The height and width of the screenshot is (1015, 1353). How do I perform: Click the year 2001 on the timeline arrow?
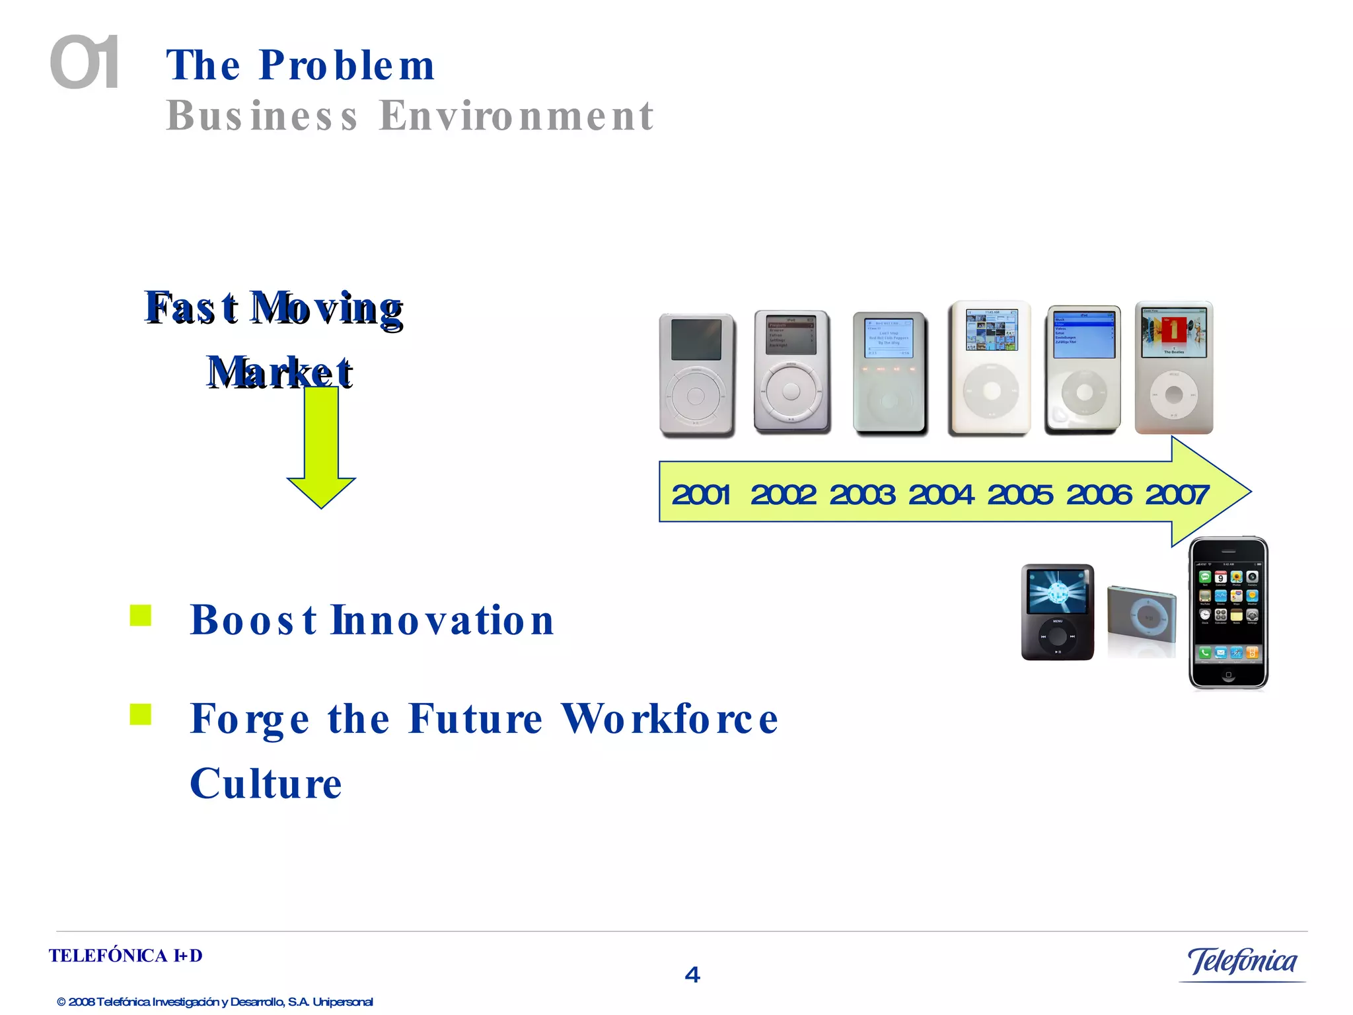click(701, 494)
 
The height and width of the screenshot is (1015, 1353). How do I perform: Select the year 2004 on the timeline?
click(941, 494)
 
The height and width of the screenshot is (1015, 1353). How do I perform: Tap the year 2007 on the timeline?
click(1177, 494)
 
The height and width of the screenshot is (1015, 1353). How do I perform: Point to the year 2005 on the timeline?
click(1019, 494)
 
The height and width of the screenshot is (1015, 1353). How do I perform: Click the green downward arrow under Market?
click(321, 449)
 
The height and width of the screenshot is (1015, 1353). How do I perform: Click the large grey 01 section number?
click(85, 63)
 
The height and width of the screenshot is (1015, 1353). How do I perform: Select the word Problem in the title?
click(347, 65)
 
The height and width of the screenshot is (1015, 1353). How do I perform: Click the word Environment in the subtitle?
click(516, 116)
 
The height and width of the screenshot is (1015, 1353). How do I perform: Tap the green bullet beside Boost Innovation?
click(141, 615)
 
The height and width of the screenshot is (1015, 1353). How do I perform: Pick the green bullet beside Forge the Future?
click(141, 714)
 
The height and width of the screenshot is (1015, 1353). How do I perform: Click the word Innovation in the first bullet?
click(442, 620)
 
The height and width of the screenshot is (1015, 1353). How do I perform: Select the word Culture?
click(266, 784)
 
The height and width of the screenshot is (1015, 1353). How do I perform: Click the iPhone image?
click(1228, 613)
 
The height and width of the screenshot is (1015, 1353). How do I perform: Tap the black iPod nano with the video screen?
click(1057, 612)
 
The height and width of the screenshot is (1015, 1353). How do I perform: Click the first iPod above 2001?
click(696, 374)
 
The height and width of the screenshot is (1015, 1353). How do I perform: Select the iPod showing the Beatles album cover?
click(1174, 367)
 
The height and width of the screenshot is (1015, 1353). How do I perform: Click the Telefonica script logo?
click(1242, 962)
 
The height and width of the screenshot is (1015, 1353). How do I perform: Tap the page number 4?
click(692, 974)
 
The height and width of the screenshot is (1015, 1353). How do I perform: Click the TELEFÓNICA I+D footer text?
click(126, 956)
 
